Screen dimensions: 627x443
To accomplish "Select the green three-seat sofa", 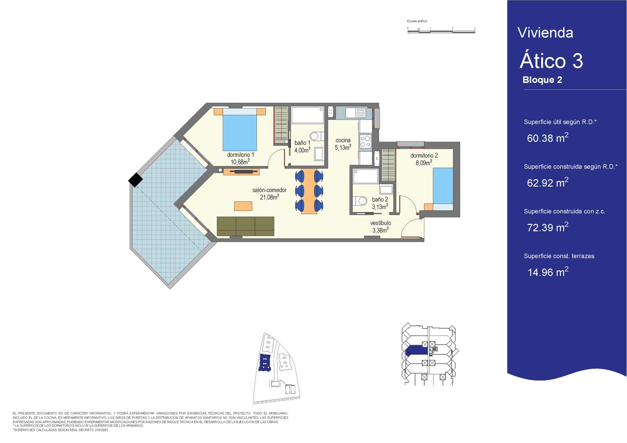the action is [x=246, y=226].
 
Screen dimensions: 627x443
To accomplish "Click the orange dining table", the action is [x=309, y=191].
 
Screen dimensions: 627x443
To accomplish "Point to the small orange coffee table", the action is [x=243, y=206].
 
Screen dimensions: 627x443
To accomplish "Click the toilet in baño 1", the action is [x=317, y=136].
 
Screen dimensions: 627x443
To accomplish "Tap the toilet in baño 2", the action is [x=360, y=201].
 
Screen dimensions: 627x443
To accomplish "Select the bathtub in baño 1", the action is [x=307, y=115].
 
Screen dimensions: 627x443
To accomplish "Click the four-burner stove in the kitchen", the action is [x=365, y=141].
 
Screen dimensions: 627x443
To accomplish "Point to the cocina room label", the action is [x=343, y=140].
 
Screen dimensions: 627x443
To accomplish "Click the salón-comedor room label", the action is [x=269, y=190].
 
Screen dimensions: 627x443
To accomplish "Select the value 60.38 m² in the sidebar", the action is [x=548, y=138].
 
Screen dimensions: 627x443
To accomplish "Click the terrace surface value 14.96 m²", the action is [x=548, y=272].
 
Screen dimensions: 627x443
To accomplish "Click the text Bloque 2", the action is [x=542, y=80].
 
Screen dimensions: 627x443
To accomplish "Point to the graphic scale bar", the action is [x=441, y=31].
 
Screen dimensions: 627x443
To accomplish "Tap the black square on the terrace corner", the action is [x=135, y=180].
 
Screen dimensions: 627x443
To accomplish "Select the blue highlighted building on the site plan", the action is [x=265, y=363].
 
